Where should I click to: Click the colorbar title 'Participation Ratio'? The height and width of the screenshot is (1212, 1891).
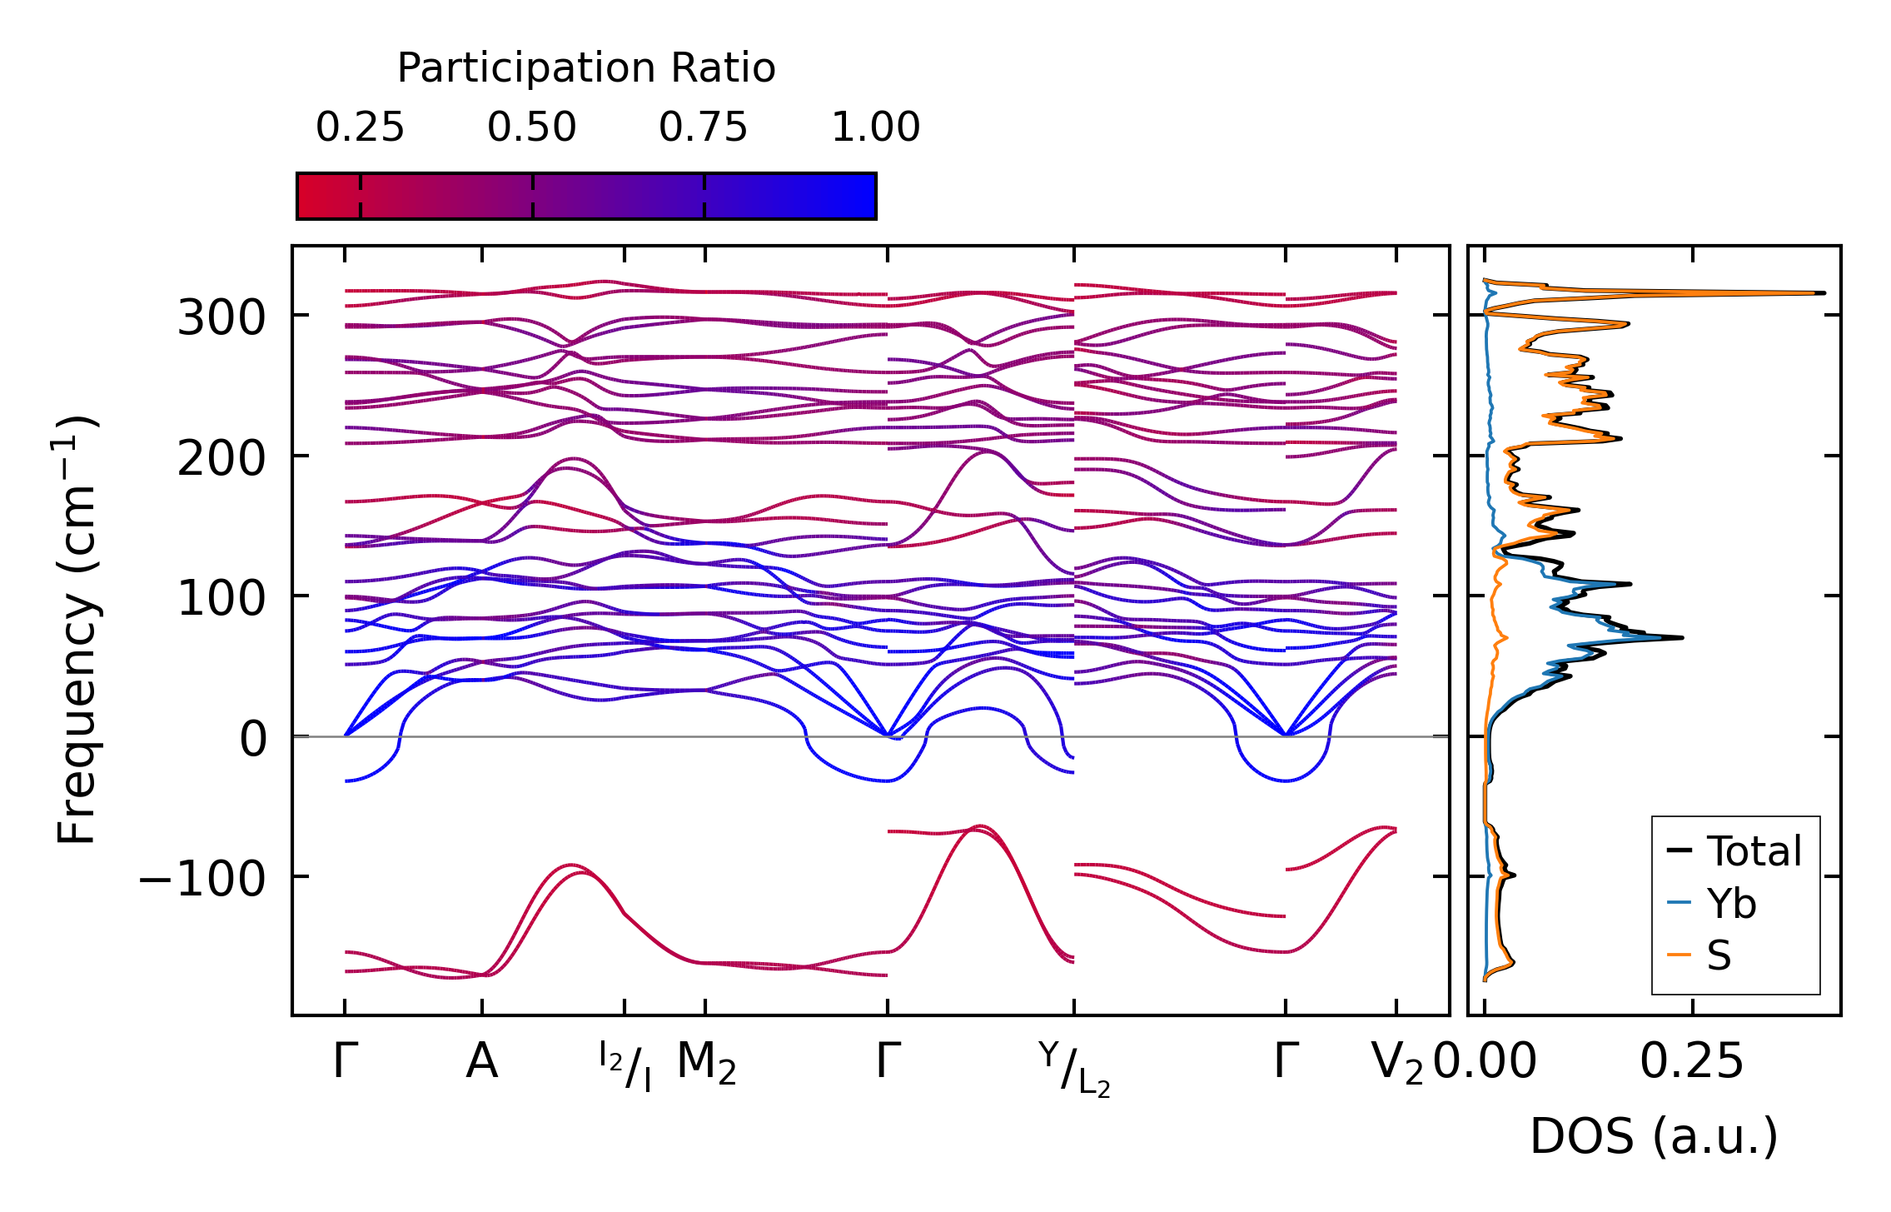586,67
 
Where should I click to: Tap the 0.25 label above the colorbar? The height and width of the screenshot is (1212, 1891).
360,127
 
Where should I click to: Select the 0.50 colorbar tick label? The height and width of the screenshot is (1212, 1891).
532,127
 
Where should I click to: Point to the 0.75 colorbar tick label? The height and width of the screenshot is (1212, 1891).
704,127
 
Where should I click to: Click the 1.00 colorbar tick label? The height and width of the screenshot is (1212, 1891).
876,127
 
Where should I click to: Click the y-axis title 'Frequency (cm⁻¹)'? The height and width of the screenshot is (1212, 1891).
77,630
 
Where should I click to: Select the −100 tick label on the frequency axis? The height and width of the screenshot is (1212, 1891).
202,878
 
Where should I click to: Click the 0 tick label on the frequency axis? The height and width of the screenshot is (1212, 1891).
253,738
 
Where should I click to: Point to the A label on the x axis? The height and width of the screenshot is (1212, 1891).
482,1062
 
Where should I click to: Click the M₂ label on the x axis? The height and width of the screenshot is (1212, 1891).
706,1064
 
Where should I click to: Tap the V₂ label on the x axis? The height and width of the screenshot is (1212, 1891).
1397,1064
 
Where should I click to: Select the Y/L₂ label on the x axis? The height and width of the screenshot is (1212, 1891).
1074,1069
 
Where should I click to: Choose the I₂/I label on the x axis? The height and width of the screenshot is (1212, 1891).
625,1065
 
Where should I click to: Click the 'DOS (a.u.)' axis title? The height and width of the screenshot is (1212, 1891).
1654,1136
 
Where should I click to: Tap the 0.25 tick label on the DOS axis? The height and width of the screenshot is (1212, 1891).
1691,1062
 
